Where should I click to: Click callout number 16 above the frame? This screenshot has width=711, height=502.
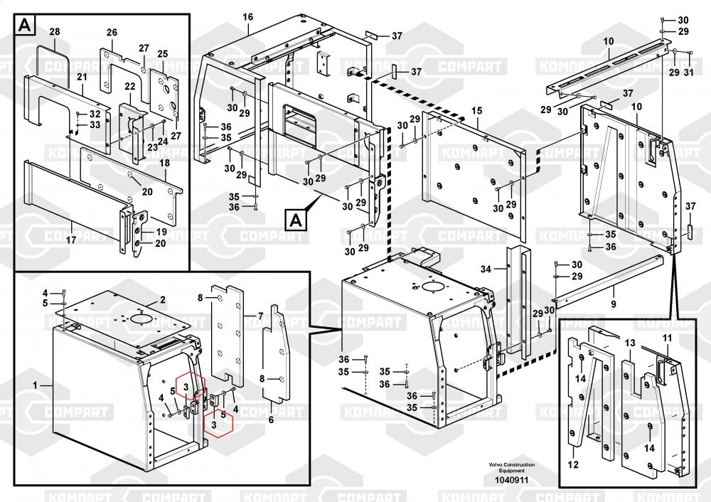[x=247, y=17]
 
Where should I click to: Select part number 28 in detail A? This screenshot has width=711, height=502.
[x=55, y=32]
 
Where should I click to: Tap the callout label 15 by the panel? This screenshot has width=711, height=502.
[x=476, y=111]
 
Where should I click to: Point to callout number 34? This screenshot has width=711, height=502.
[x=486, y=269]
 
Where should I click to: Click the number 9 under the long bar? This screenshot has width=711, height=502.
[x=614, y=304]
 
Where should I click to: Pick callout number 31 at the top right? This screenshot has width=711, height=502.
[x=689, y=73]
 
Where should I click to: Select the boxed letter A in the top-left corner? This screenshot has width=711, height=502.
[x=26, y=25]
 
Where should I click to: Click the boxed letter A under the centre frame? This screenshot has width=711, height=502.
[x=296, y=221]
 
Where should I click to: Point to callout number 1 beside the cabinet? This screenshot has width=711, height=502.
[x=36, y=385]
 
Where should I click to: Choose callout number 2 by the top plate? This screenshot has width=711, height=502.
[x=162, y=300]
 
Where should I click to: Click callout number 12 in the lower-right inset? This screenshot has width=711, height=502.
[x=573, y=464]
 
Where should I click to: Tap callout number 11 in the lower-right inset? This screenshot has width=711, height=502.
[x=667, y=338]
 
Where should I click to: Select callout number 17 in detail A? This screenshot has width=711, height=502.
[x=70, y=239]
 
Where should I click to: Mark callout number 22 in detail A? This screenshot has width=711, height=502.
[x=130, y=87]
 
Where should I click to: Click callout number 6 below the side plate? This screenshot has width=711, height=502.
[x=271, y=420]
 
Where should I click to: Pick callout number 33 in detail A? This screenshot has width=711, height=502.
[x=95, y=124]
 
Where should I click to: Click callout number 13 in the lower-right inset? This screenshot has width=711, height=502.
[x=630, y=343]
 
